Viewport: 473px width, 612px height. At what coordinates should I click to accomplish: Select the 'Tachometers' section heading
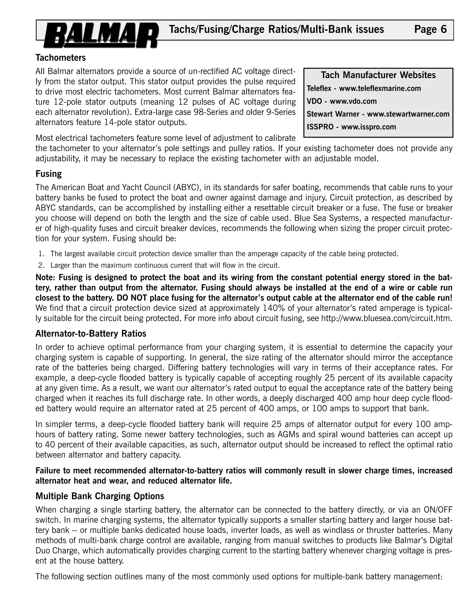[61, 58]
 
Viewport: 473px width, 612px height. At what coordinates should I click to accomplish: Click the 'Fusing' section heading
[49, 174]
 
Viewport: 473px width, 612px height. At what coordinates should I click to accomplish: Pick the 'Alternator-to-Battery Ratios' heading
[91, 333]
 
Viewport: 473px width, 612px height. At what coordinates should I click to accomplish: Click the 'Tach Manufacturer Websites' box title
[378, 75]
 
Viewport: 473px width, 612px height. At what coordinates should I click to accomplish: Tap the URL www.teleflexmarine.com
[380, 88]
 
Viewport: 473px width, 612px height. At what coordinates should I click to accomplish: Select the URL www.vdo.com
[353, 101]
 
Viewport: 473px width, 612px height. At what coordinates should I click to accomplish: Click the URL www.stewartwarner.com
[408, 114]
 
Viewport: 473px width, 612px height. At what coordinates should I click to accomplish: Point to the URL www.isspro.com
[368, 127]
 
